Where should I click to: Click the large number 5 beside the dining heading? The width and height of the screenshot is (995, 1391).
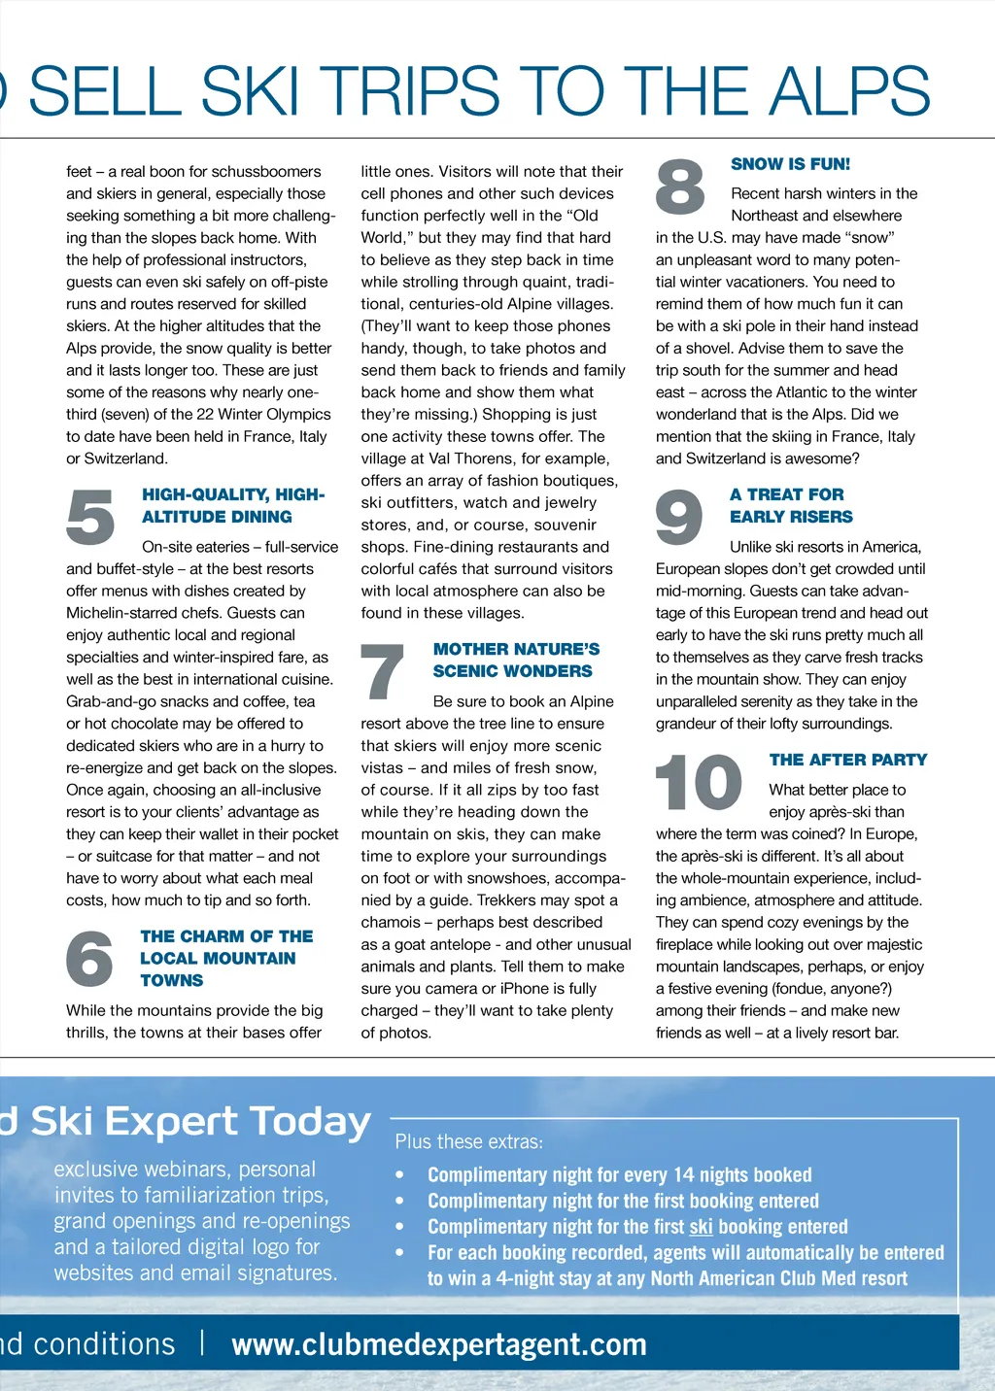click(x=90, y=517)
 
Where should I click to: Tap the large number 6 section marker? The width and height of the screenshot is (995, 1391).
click(x=89, y=958)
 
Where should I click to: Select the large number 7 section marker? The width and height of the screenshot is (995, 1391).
click(x=382, y=671)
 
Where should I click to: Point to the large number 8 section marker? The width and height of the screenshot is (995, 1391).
click(x=680, y=187)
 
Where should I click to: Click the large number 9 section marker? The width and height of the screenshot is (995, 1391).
click(x=679, y=517)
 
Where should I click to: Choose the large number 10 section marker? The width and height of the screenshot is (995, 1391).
click(x=699, y=783)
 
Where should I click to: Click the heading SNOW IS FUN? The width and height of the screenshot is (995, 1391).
click(x=790, y=164)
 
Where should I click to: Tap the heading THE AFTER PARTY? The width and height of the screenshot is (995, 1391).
click(x=847, y=760)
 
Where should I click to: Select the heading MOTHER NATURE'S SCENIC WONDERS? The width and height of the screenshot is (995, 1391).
click(x=516, y=661)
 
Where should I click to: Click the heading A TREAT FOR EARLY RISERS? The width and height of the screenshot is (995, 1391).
click(x=791, y=506)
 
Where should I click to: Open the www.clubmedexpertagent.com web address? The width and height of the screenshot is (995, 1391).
click(x=439, y=1344)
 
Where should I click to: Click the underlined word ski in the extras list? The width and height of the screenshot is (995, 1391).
click(x=701, y=1227)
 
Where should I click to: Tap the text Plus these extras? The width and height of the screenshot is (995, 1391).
click(x=468, y=1142)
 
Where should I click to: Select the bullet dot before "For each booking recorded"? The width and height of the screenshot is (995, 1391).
click(x=399, y=1253)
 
